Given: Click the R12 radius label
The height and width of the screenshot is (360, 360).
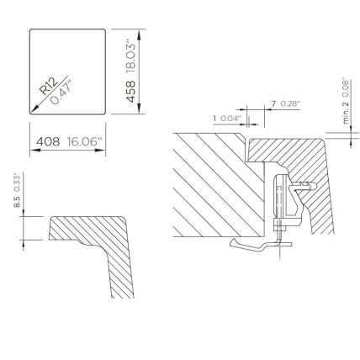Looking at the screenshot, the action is [x=48, y=86].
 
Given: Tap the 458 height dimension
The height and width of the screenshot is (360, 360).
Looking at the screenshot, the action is [x=130, y=92].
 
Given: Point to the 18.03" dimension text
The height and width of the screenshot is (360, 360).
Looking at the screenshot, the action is [x=130, y=58].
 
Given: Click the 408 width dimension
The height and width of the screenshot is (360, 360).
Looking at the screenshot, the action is [x=48, y=141].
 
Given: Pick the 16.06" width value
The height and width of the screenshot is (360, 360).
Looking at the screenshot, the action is [x=84, y=141].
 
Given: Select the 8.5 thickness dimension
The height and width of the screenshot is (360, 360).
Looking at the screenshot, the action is [x=18, y=202].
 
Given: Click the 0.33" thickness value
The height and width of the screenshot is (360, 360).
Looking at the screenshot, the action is [x=18, y=183].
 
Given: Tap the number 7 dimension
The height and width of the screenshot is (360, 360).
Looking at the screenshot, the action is [x=273, y=103].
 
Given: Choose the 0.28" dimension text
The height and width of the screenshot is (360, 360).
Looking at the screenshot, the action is [x=290, y=103].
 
